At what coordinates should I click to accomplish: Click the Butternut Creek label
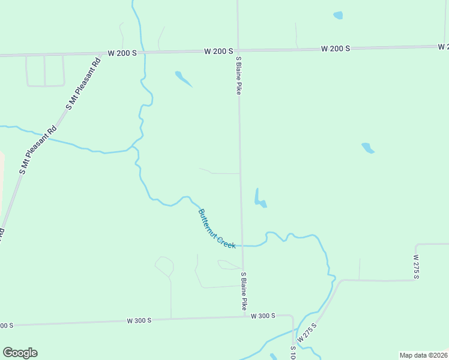(217, 229)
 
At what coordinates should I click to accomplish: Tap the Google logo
(20, 353)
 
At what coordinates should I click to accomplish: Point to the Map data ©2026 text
(423, 355)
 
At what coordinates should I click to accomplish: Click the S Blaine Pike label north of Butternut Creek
(238, 76)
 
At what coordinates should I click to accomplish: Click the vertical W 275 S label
(416, 266)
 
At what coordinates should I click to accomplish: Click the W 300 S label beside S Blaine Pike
(262, 316)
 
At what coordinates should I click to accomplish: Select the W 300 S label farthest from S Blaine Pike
(139, 320)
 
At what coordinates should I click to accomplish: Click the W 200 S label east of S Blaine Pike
(336, 48)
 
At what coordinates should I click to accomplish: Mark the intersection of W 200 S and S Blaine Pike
(238, 51)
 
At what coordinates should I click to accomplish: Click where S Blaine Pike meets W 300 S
(244, 316)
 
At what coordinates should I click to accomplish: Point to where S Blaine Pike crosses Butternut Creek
(243, 245)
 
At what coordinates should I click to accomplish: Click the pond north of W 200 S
(338, 15)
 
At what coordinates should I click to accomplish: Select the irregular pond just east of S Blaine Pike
(259, 200)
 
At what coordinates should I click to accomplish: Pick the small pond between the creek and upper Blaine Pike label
(183, 79)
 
